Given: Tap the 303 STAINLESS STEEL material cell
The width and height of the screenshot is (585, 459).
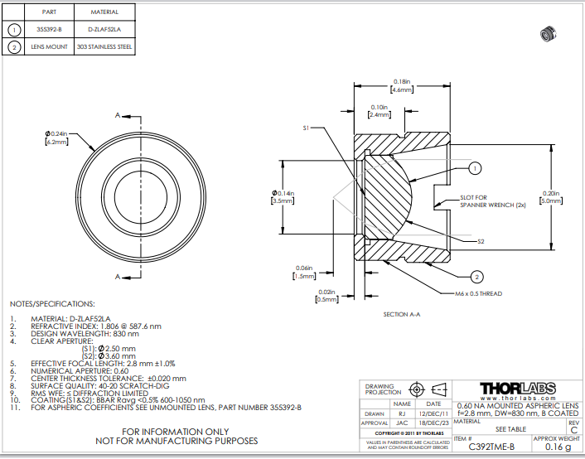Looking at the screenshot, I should click(x=104, y=47).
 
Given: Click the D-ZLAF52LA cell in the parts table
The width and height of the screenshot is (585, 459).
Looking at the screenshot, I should click(x=104, y=30).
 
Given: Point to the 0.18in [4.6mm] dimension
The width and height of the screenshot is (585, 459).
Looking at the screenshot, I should click(x=402, y=85).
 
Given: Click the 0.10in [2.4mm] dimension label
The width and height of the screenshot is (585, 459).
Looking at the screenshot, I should click(x=380, y=112).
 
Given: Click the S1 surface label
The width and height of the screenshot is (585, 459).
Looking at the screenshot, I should click(x=306, y=128).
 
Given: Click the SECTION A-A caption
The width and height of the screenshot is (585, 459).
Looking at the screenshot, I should click(x=403, y=315).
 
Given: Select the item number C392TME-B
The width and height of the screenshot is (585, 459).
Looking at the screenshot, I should click(x=491, y=447).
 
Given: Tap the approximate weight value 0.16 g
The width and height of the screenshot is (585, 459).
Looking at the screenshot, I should click(x=556, y=447).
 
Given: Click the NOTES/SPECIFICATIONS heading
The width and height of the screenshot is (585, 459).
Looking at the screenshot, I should click(x=52, y=304).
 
